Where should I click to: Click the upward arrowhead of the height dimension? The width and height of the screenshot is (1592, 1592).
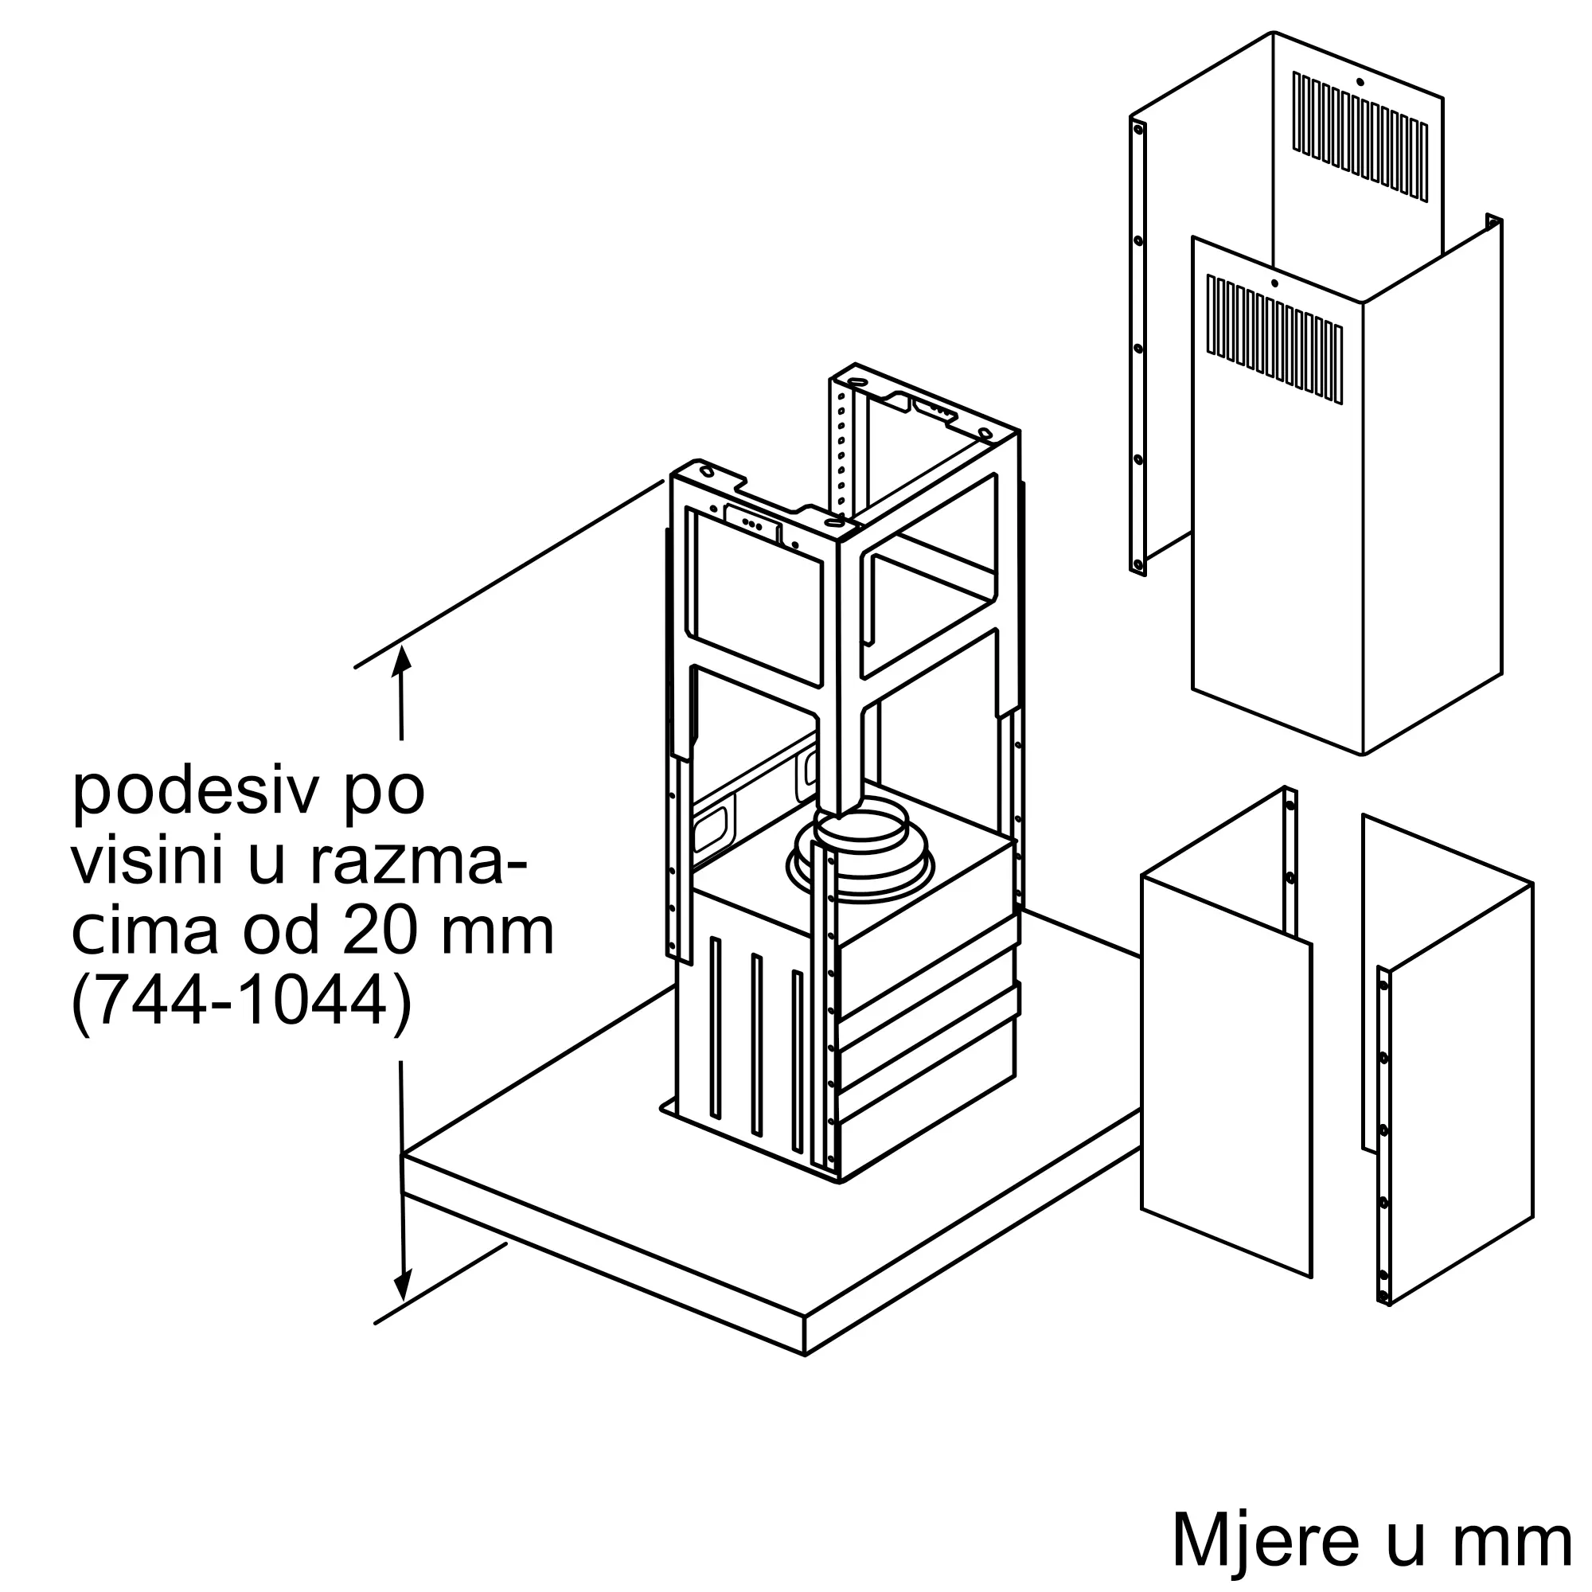coord(401,659)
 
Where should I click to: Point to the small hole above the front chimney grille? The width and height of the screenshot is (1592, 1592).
coord(1274,283)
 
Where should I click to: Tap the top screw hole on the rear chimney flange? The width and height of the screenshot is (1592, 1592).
coord(1138,128)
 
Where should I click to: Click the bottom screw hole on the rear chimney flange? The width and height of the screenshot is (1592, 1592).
coord(1138,565)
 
